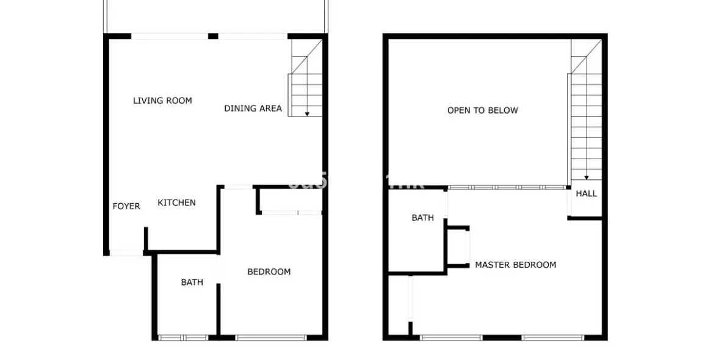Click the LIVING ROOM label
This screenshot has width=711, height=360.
162,101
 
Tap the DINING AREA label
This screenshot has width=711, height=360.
253,109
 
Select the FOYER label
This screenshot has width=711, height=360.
126,206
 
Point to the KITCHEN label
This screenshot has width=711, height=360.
176,203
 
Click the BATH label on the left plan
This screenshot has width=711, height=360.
192,282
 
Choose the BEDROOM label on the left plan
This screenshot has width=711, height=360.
269,272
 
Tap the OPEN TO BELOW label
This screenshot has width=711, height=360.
482,110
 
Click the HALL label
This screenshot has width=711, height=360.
586,193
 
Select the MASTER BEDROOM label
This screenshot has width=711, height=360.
515,265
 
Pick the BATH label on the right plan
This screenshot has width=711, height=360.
422,217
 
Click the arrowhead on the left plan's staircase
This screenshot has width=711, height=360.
307,113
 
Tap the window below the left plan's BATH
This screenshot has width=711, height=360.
183,337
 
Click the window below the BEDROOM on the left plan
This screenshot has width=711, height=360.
270,337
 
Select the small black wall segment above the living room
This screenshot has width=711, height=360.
213,37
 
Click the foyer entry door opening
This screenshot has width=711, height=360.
126,253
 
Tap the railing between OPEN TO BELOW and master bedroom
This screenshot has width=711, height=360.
507,187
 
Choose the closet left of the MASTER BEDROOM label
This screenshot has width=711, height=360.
458,247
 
